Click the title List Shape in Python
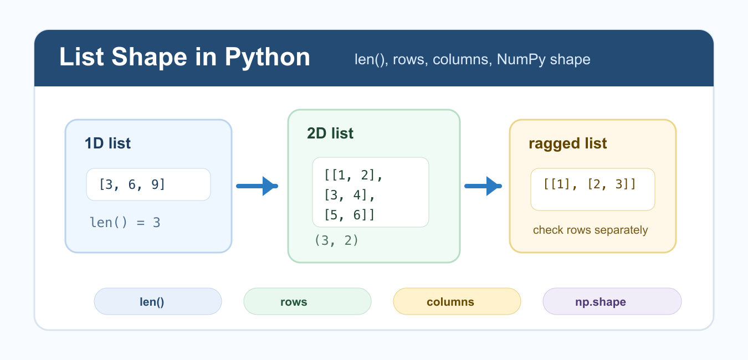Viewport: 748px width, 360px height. [185, 58]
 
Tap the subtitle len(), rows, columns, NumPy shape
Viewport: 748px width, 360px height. [472, 60]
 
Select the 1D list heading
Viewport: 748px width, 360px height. [107, 143]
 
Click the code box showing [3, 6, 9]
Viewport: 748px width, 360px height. [148, 184]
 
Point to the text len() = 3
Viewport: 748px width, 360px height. [125, 223]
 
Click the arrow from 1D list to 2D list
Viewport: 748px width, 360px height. [257, 186]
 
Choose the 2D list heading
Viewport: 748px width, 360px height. [330, 133]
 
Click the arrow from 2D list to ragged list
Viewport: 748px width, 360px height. [483, 186]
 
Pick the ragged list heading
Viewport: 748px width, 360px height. [568, 144]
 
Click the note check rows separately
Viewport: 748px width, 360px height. [591, 230]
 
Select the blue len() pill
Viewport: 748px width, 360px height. [157, 302]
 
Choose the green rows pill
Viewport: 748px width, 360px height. [307, 302]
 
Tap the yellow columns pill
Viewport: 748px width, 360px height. [457, 302]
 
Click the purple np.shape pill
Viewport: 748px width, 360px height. [612, 302]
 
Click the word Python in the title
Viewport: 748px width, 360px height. [268, 58]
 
